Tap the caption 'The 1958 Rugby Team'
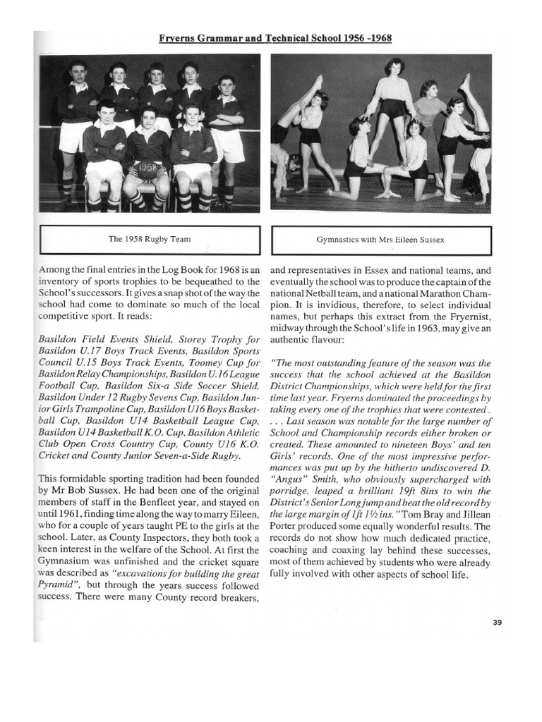pyautogui.click(x=149, y=240)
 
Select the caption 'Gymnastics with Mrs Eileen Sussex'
pyautogui.click(x=381, y=240)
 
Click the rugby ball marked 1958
pyautogui.click(x=147, y=169)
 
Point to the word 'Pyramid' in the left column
pyautogui.click(x=54, y=585)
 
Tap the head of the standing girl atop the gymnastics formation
pyautogui.click(x=394, y=69)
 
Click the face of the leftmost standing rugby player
pyautogui.click(x=78, y=73)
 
